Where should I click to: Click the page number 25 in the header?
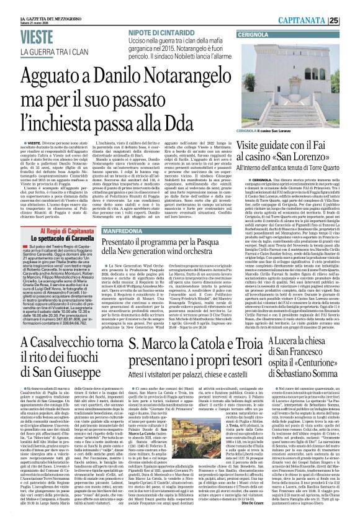point(350,20)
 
